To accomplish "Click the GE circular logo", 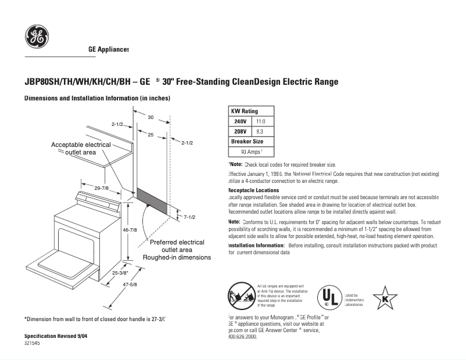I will [x=37, y=37].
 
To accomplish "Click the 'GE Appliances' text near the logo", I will [x=108, y=50].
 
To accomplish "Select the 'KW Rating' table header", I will [x=245, y=111].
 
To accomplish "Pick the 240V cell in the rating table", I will [x=240, y=121].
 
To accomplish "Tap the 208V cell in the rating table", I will [x=240, y=131].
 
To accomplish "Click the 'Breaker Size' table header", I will [x=247, y=141].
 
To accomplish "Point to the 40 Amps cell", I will [x=252, y=152].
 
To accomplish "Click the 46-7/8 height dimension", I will [x=130, y=230].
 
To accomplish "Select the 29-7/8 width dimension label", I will [x=102, y=188].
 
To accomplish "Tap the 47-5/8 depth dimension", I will [x=129, y=285].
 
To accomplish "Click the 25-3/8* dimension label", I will [x=120, y=272].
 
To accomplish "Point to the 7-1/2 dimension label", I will [x=189, y=217].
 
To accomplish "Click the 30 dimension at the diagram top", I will [x=150, y=117].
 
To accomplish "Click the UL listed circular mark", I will [x=329, y=298].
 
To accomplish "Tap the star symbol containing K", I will [x=385, y=298].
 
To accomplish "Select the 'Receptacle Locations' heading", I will [x=253, y=190].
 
